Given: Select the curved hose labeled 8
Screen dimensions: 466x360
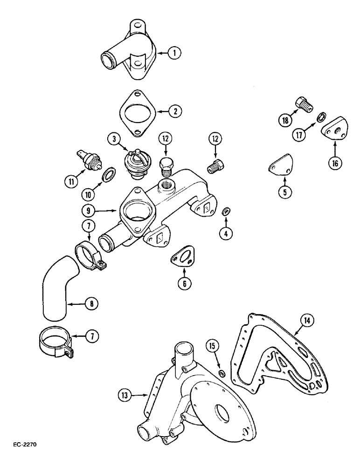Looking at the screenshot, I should click(58, 296).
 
